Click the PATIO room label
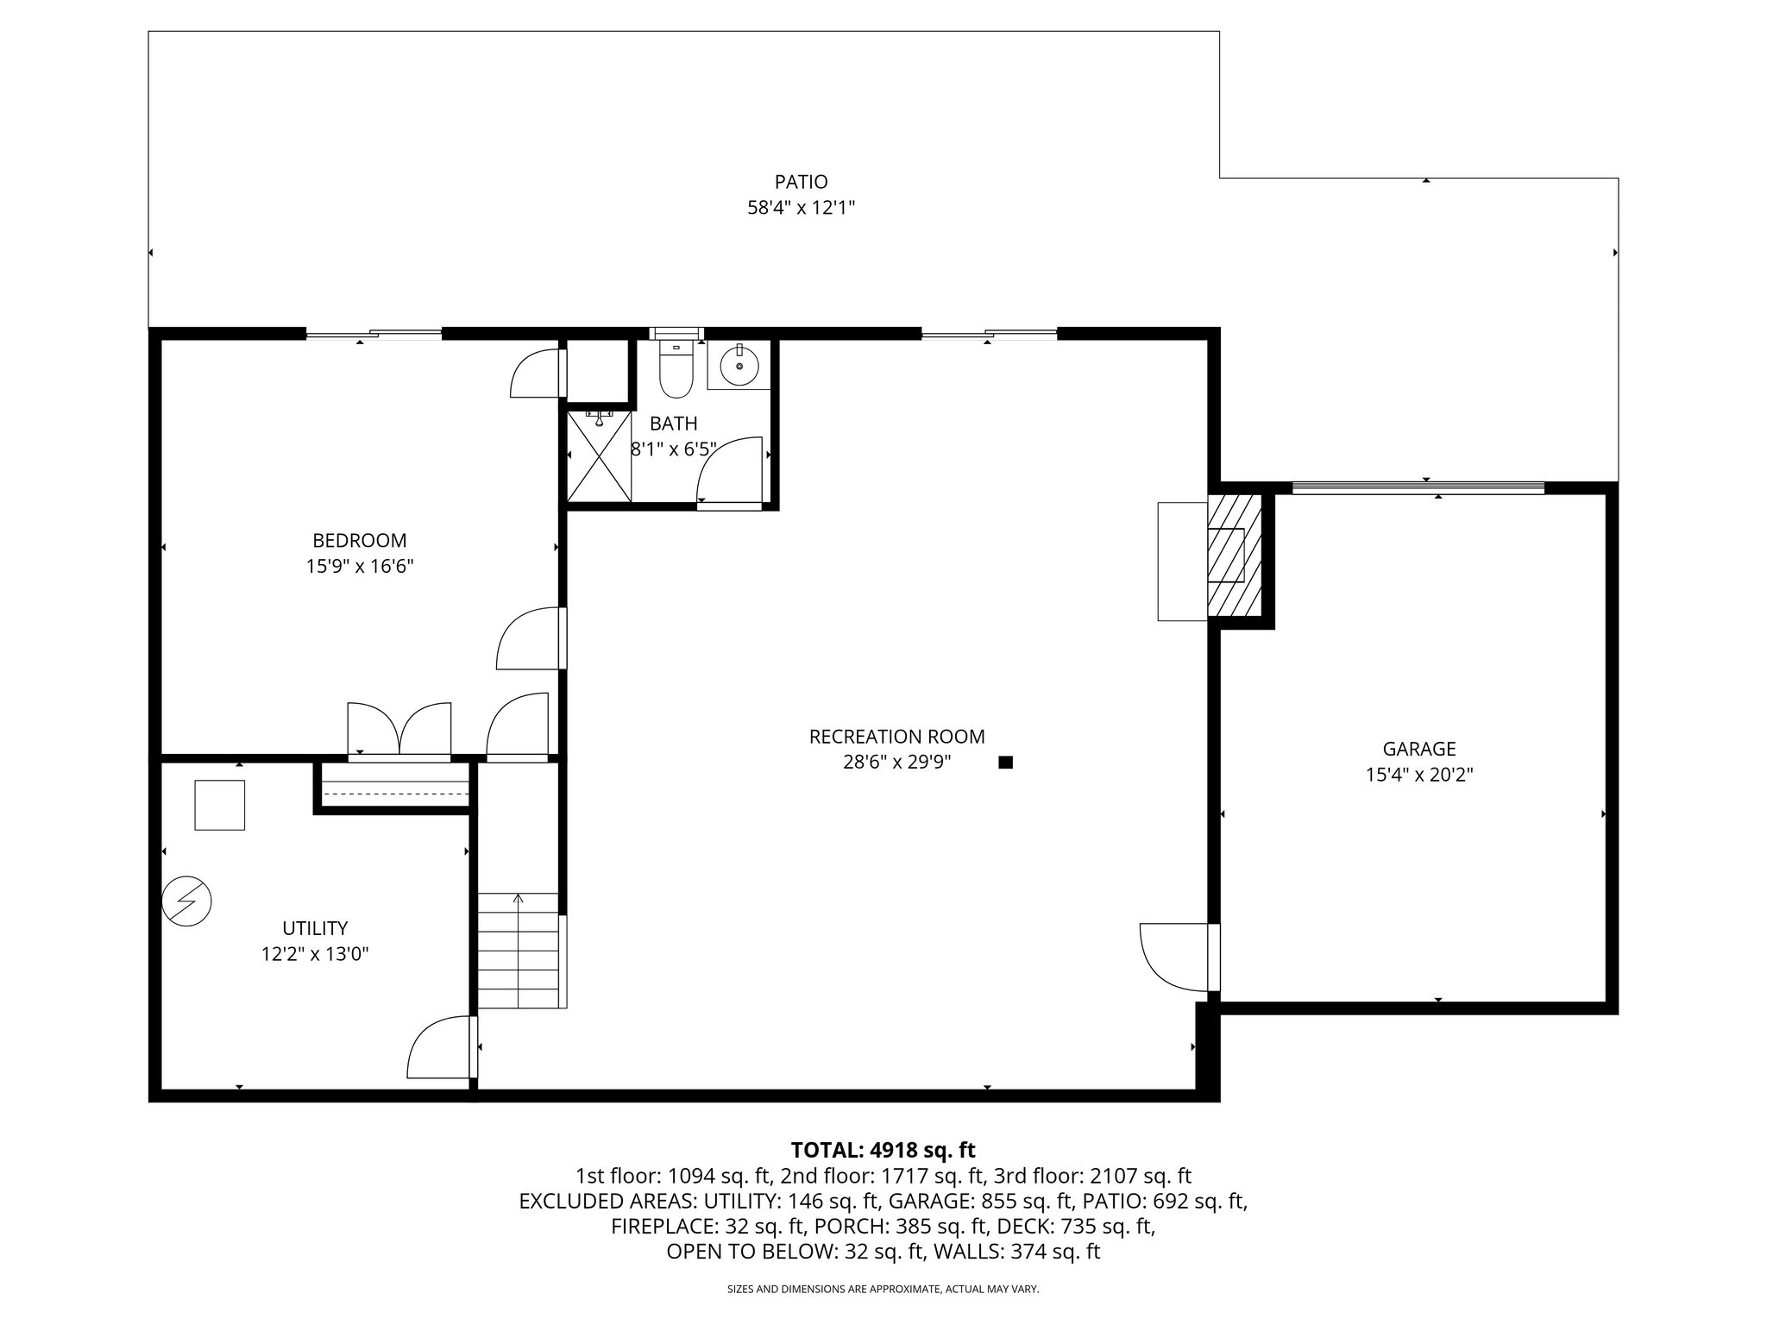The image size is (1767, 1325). pos(801,182)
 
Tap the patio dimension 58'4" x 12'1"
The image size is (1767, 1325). pos(801,208)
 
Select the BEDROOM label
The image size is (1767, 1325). pos(359,541)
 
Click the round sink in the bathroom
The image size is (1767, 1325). pos(739,365)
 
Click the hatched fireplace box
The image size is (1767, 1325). pos(1233,556)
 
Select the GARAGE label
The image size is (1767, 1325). pos(1419,749)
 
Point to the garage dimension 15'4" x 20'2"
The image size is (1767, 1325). pos(1419,775)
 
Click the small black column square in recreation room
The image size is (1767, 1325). pos(1005,763)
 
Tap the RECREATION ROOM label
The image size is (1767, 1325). pos(896,737)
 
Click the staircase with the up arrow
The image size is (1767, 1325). pos(519,950)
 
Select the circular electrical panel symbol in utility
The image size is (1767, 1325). pos(186,901)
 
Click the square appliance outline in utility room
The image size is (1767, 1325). pos(220,805)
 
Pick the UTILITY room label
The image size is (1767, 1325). pos(315,928)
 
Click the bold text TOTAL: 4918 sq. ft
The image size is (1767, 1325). pos(883,1150)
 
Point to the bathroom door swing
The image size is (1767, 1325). pos(730,471)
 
